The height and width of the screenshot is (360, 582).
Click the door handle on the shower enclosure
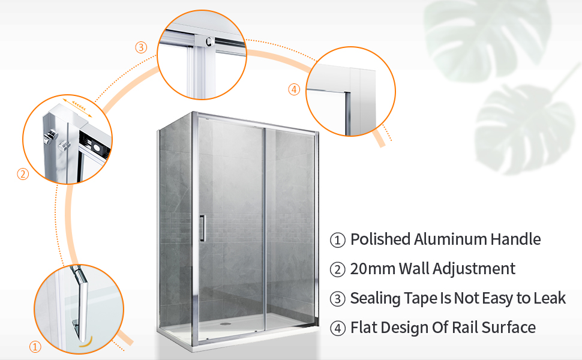click(x=202, y=228)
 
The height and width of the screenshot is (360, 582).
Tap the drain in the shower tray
click(x=224, y=323)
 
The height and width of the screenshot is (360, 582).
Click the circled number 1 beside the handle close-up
click(x=35, y=347)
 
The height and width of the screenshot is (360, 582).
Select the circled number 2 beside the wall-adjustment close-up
click(x=23, y=174)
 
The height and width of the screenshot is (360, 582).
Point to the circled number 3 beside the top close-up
click(x=141, y=47)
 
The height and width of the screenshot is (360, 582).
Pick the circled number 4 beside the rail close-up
click(x=294, y=89)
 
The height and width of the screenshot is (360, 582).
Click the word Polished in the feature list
click(x=380, y=239)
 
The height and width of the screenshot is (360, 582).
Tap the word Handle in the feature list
click(x=515, y=239)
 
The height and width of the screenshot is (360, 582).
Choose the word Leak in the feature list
click(x=550, y=298)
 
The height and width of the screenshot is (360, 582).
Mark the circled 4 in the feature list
click(x=338, y=328)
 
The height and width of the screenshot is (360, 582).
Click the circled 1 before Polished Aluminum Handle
click(x=338, y=240)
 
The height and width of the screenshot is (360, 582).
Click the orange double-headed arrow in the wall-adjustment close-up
click(x=77, y=107)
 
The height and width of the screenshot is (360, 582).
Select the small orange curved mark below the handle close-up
click(x=86, y=342)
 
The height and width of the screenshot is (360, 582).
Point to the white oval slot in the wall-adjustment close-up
click(x=97, y=148)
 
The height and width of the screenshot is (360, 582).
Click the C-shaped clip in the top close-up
click(x=209, y=41)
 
